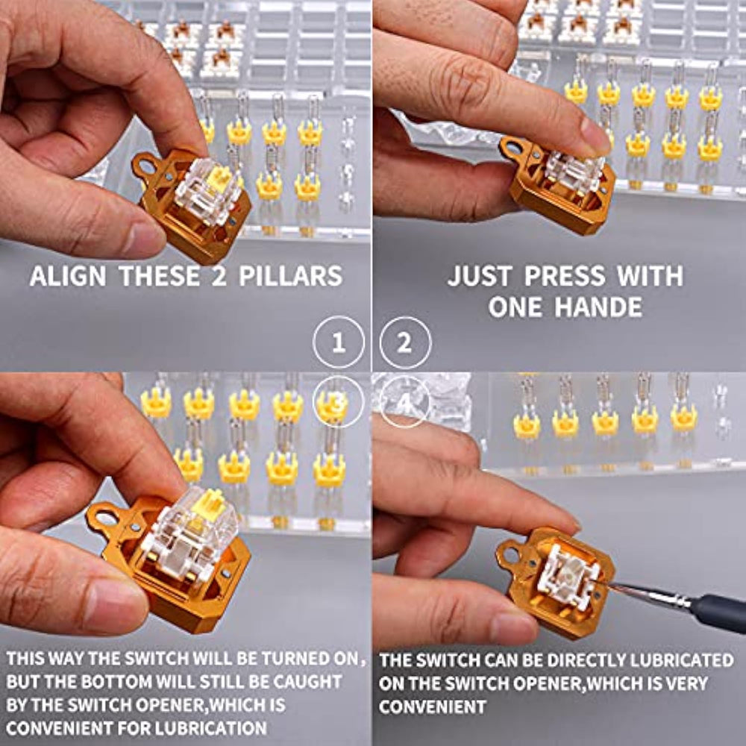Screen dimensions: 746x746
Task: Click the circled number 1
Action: [x=338, y=342]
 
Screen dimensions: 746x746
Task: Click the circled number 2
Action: [x=405, y=342]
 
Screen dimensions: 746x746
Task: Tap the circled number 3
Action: [x=338, y=402]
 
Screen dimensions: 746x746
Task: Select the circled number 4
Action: [x=405, y=402]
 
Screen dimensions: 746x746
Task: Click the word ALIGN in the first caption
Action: [x=68, y=276]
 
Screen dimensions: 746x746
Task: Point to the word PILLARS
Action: [x=290, y=276]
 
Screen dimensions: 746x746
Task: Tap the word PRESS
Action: [x=565, y=276]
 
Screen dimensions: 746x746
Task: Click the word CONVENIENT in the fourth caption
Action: [x=433, y=706]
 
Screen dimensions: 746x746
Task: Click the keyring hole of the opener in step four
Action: [x=510, y=554]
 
